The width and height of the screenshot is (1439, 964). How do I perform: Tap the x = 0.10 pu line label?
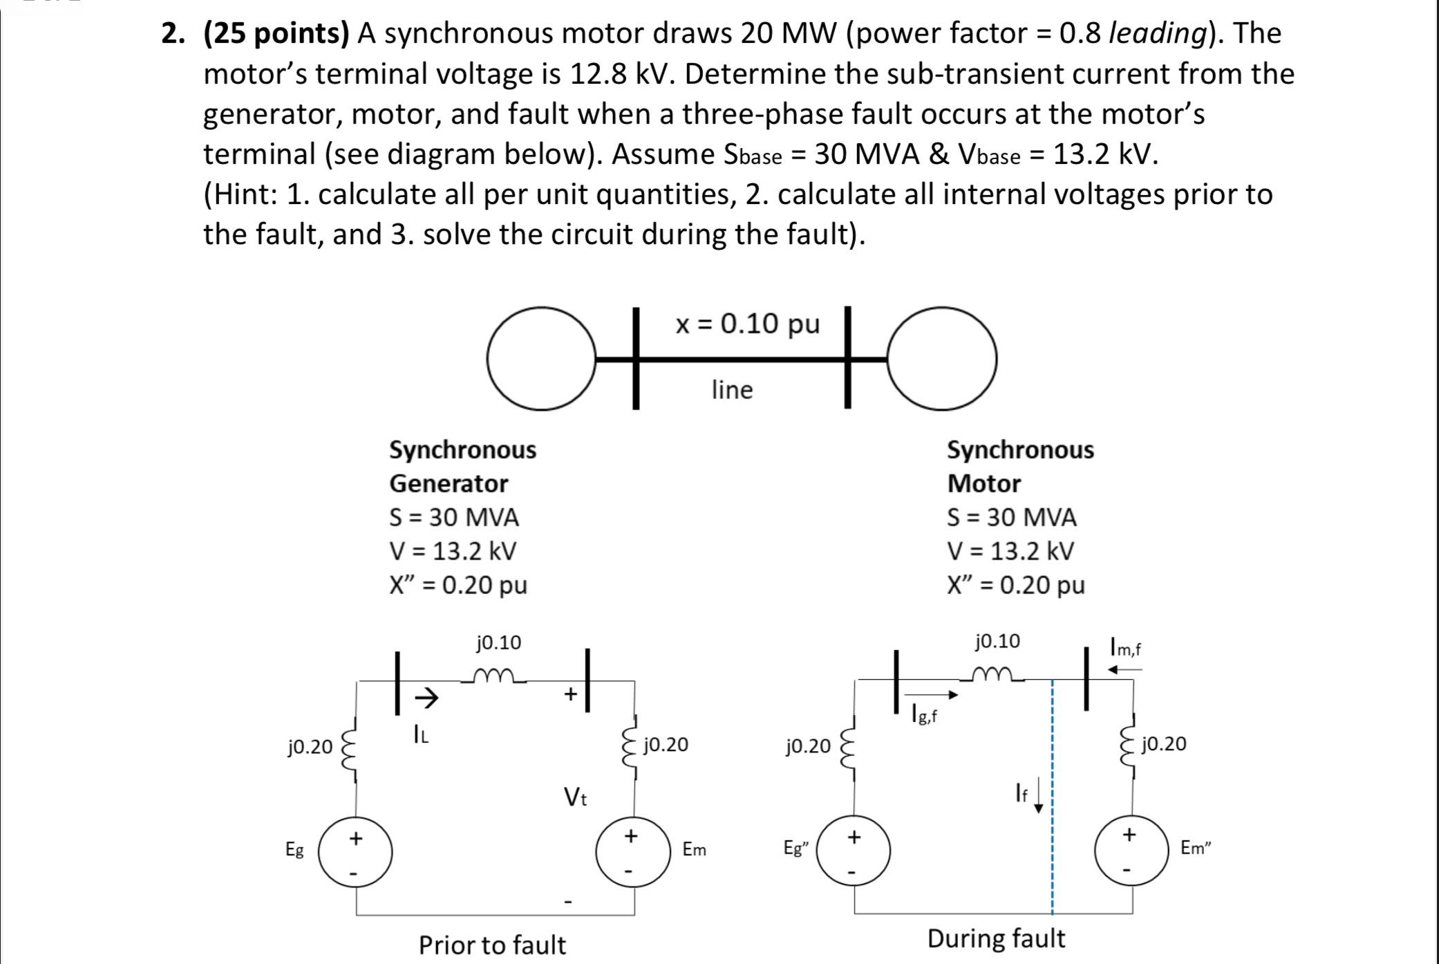pos(748,323)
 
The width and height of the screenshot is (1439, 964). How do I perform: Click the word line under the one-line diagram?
pos(732,390)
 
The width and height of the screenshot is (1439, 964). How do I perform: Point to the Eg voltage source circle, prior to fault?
pos(355,853)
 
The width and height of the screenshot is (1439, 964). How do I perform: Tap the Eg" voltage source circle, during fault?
pos(854,851)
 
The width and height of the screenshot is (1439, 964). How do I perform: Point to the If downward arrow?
pos(1038,799)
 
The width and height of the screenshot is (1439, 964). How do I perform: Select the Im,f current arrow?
pos(1125,669)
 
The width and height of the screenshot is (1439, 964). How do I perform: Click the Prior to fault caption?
pos(492,945)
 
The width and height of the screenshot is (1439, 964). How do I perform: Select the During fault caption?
pos(996,938)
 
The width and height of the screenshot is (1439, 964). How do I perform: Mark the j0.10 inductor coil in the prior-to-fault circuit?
pos(496,675)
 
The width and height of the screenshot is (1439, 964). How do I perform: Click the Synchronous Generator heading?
pos(462,466)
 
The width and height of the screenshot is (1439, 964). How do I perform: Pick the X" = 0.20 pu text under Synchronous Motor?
pos(1015,585)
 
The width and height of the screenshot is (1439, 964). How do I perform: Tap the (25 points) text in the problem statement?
pos(276,33)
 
